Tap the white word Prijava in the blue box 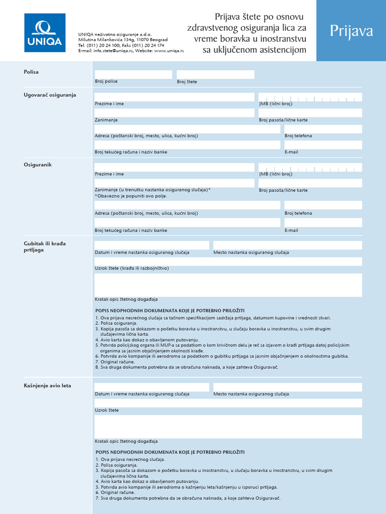351,31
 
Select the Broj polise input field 133,74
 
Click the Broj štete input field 215,74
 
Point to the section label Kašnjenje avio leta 47,385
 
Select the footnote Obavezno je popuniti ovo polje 131,196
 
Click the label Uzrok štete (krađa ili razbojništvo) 132,268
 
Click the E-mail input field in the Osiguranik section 323,222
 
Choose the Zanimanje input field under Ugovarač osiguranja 174,113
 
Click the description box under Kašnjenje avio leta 228,426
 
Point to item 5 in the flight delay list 186,487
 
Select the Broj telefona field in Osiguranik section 323,205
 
